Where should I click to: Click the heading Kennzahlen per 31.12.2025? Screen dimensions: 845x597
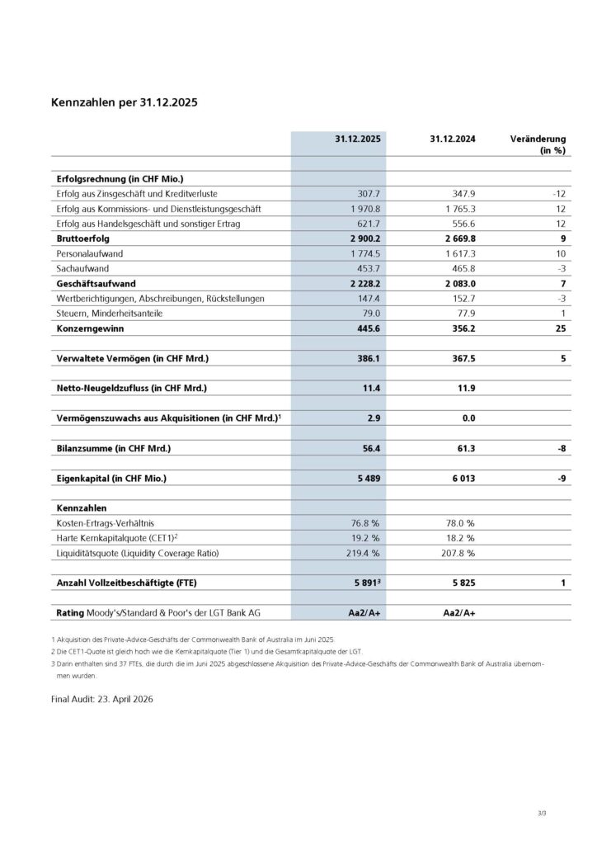[x=124, y=104]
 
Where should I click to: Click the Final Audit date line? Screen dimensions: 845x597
[x=101, y=698]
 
